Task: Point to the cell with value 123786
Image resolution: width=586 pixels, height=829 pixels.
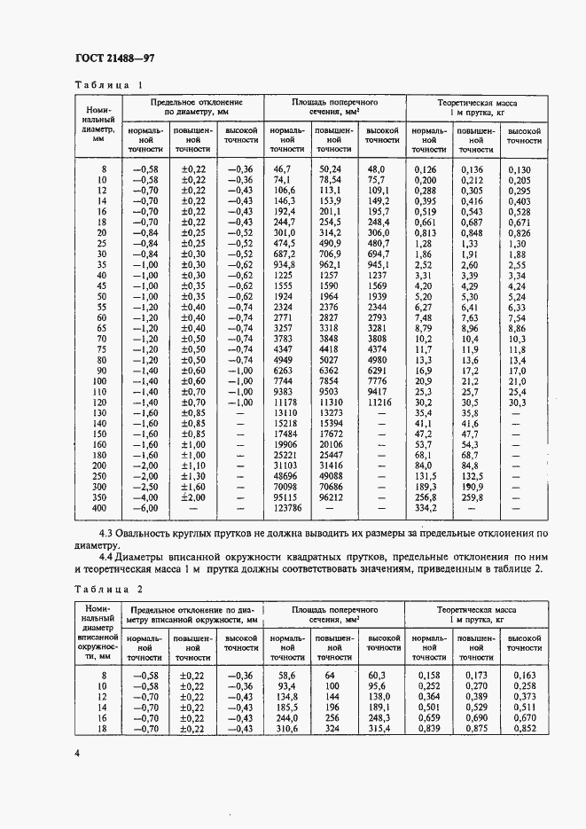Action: (x=286, y=508)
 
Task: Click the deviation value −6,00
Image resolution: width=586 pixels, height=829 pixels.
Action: (x=144, y=508)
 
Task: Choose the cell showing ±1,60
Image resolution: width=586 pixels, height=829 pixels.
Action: (x=193, y=487)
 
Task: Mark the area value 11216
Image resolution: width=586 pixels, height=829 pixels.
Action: (x=377, y=402)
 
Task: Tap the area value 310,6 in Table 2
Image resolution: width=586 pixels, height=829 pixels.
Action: (x=284, y=730)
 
